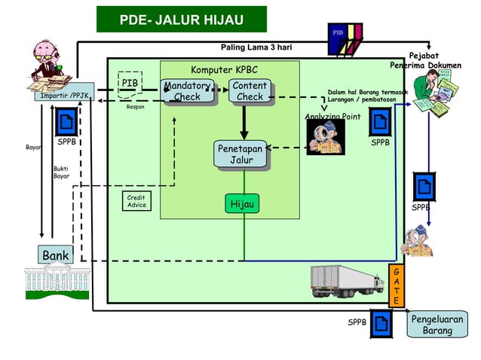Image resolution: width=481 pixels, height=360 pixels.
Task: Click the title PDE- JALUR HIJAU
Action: point(181,19)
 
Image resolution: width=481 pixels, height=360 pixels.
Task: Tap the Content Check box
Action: point(250,91)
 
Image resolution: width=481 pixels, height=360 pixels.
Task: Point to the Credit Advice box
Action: point(136,202)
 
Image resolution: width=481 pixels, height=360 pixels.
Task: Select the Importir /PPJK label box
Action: point(64,96)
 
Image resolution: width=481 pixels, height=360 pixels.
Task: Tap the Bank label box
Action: point(56,255)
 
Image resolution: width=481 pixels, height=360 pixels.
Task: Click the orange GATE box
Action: point(396,285)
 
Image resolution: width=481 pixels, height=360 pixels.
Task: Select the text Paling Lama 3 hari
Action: point(256,47)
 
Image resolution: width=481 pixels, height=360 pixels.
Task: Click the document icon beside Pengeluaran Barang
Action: point(381,324)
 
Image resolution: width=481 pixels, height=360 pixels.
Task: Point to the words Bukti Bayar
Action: point(61,172)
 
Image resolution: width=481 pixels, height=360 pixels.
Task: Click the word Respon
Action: point(136,107)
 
